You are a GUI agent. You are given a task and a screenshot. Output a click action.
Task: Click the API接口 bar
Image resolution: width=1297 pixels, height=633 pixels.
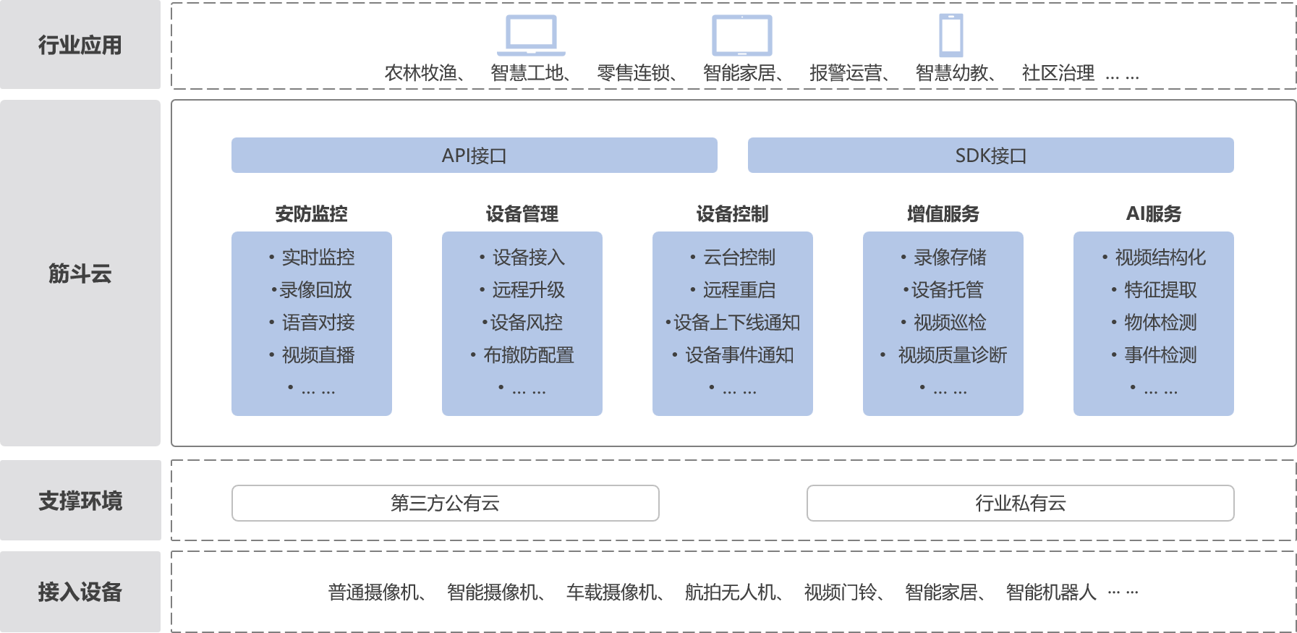click(474, 156)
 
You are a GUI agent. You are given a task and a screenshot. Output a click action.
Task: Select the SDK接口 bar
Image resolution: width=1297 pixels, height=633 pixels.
click(990, 156)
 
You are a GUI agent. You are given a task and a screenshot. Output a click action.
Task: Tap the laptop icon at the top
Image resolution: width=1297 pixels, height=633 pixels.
click(531, 35)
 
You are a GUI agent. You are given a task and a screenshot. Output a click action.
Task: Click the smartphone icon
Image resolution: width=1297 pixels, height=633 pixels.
click(951, 35)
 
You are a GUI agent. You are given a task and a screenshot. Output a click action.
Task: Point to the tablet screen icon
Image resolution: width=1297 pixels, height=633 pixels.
click(741, 35)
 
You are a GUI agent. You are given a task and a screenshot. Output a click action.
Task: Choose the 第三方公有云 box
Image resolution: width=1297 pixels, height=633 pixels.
click(445, 503)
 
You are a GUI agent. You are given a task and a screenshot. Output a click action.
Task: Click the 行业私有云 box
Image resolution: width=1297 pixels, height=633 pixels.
click(1020, 503)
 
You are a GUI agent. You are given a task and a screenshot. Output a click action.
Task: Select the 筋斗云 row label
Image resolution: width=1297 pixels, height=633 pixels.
click(80, 273)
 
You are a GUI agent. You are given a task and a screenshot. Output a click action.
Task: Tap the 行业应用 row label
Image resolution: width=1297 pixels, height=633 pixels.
click(80, 45)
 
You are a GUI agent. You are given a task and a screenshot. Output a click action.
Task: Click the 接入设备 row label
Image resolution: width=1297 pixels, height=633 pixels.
click(80, 592)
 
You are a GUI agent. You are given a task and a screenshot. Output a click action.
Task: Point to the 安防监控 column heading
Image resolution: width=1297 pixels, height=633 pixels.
click(311, 214)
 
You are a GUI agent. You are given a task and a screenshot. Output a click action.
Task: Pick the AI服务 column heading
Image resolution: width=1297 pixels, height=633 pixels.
click(1153, 214)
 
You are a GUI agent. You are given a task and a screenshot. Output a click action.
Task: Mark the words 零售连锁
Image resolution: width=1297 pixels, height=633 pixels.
click(634, 73)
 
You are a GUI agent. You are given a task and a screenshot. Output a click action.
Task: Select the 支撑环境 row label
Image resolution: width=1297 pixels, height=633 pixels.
click(80, 501)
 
